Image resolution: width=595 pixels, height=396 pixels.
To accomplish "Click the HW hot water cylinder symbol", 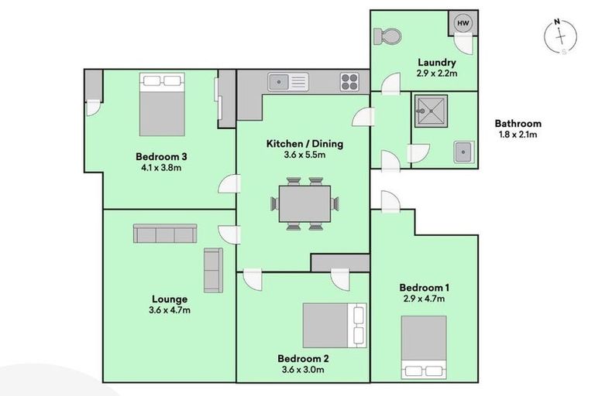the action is click(463, 23).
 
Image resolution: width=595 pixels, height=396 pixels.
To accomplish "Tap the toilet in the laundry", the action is click(387, 37).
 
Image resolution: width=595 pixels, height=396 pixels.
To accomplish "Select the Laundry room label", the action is click(437, 62).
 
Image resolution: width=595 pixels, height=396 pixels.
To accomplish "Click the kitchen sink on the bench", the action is click(288, 81).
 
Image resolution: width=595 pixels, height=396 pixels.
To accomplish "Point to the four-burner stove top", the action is click(349, 82).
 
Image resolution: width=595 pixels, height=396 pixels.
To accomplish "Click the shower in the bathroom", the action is click(431, 111).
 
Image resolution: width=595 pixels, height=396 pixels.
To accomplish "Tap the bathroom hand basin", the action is click(463, 152).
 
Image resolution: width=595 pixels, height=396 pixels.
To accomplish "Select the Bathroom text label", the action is click(518, 124).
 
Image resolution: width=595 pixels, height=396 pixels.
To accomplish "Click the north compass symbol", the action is click(560, 37).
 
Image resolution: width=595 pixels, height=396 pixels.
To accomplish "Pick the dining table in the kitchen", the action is click(304, 203).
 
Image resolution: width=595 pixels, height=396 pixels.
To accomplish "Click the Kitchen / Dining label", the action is click(304, 144).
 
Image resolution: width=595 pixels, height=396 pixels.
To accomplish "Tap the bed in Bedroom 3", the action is click(162, 104).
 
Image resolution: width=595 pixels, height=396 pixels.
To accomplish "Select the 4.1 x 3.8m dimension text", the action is click(161, 167).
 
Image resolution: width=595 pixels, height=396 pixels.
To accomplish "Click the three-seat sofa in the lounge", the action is click(165, 233).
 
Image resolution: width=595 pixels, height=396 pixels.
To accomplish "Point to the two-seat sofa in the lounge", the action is click(213, 270).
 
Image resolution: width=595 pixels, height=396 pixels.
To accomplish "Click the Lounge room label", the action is click(170, 299).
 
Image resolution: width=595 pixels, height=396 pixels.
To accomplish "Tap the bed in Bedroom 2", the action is click(335, 325).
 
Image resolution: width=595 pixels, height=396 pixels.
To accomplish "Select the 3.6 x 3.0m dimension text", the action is click(303, 370).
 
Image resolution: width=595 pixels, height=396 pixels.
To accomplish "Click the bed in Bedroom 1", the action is click(424, 347).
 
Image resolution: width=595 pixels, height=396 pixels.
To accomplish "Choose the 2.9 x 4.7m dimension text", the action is click(425, 299).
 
